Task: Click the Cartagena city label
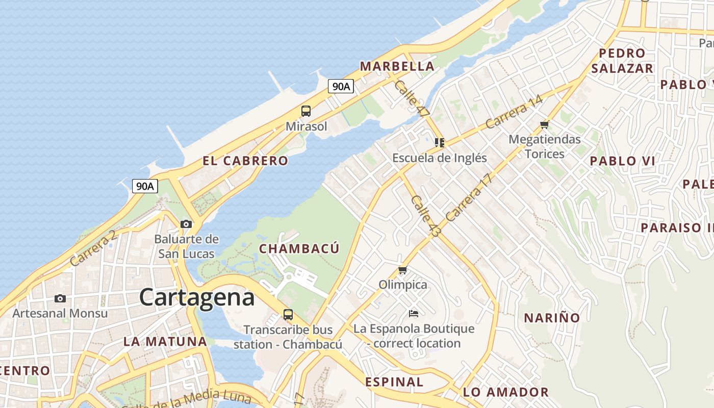196,297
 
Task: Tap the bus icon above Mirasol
306,111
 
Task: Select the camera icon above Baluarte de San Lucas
186,224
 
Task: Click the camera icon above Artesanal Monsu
60,298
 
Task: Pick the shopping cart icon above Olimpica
403,270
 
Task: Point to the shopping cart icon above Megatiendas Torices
544,124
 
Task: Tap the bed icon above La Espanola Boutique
414,313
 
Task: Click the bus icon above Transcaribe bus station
288,315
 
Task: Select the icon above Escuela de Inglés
439,143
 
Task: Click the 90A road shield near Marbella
341,86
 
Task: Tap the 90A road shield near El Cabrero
145,186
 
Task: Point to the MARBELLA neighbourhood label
397,66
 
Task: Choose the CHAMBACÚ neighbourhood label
299,248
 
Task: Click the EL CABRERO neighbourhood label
245,161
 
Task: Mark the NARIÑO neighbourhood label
552,318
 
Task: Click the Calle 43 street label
425,216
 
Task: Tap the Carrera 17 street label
469,198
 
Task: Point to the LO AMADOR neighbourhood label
506,392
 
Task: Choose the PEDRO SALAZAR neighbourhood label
622,61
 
